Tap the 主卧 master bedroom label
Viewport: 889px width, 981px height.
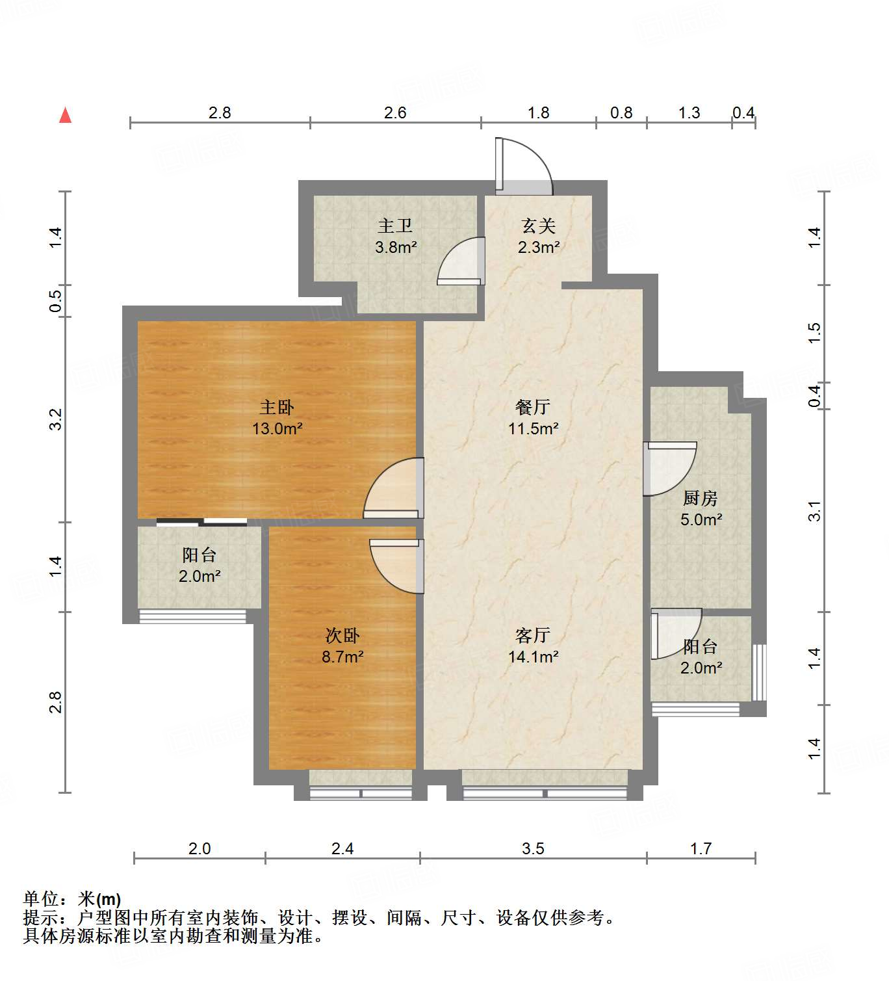(x=277, y=408)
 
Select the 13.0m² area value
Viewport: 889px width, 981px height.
(x=277, y=429)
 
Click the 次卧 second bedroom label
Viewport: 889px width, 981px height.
(x=342, y=635)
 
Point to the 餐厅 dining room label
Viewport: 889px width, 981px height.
(x=533, y=407)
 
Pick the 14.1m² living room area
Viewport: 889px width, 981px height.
(x=534, y=657)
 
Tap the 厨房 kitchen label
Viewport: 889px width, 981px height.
(x=701, y=498)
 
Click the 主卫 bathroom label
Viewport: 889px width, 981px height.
(x=395, y=226)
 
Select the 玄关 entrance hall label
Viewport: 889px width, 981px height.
(x=539, y=226)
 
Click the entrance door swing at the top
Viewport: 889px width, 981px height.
(x=523, y=166)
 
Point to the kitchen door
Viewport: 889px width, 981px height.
(x=669, y=468)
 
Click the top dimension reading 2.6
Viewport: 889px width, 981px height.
(x=395, y=112)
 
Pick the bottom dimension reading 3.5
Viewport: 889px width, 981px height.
(x=533, y=848)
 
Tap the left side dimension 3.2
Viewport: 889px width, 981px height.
(x=56, y=419)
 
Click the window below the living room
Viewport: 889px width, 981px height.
(x=545, y=792)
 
